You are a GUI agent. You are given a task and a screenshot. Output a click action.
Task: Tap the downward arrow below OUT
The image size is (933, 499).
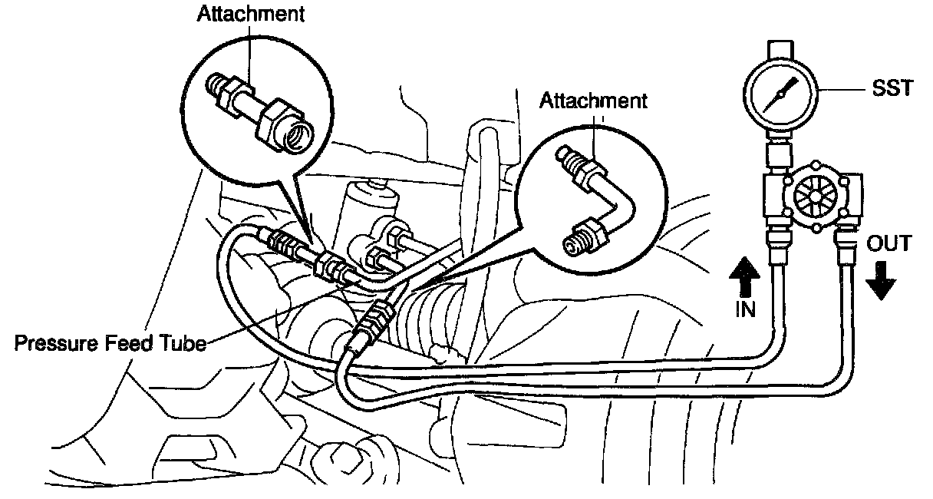tap(880, 280)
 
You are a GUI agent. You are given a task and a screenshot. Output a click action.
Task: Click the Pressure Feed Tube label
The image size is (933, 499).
tap(110, 342)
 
